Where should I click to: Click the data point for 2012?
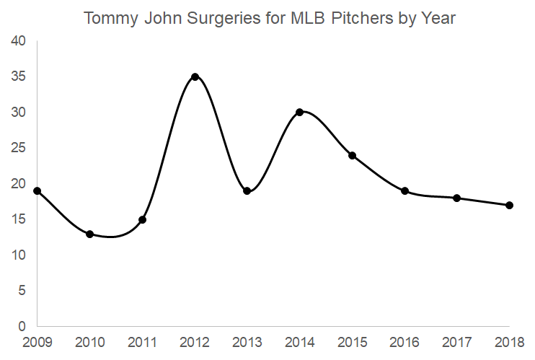195,76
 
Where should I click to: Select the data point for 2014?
300,112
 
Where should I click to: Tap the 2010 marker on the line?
89,234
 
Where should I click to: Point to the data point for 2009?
37,191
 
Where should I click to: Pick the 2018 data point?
509,205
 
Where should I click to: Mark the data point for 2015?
352,155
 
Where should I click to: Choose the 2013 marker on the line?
247,191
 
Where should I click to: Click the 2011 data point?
142,219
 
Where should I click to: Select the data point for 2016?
404,191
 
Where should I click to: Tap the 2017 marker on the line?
456,198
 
